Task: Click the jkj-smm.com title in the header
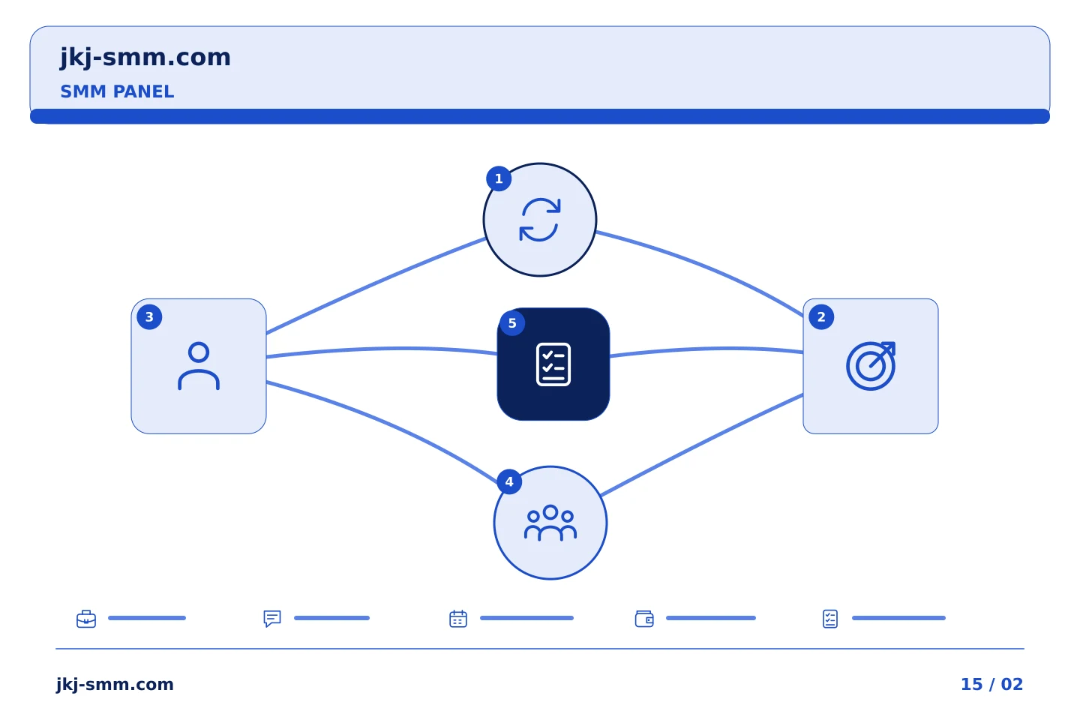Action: (145, 58)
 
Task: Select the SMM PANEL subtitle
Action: (117, 91)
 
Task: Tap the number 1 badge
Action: (499, 179)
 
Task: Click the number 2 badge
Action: (821, 316)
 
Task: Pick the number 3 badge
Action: (149, 316)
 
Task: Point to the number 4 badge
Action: (509, 481)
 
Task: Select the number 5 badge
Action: (512, 323)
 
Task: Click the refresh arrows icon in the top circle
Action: (539, 220)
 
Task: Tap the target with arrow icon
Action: (871, 365)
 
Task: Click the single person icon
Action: (199, 365)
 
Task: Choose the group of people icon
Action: (550, 523)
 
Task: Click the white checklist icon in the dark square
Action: (553, 364)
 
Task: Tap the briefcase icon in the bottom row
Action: (86, 619)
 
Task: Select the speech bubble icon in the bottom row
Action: (272, 619)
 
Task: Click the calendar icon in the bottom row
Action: (458, 619)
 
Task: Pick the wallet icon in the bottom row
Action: (644, 619)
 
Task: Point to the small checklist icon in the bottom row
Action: (830, 619)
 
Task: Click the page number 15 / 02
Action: (991, 684)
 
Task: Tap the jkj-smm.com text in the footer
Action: (115, 685)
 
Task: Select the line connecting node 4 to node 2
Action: (702, 445)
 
